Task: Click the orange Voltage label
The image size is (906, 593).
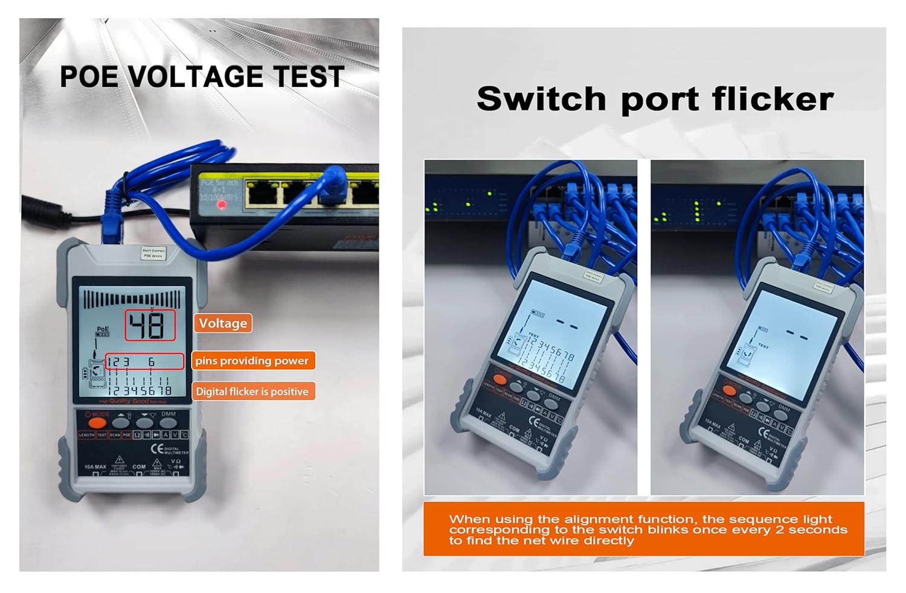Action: tap(223, 323)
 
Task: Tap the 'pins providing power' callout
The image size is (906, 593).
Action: tap(252, 361)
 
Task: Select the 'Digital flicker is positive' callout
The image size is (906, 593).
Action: tap(252, 392)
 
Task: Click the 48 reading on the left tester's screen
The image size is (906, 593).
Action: tap(149, 326)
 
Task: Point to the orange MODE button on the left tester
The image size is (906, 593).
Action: tap(97, 423)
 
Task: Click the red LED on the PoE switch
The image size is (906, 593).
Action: tap(222, 205)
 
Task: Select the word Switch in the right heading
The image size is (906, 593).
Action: tap(541, 99)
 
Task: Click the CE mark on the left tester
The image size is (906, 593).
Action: tap(156, 448)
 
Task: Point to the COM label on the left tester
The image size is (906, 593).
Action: tap(139, 466)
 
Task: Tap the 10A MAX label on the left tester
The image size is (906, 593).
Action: tap(95, 467)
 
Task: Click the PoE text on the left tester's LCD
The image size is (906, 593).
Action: tap(103, 329)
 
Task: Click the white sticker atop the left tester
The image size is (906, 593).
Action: tap(153, 253)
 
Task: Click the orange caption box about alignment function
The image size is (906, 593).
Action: tap(643, 529)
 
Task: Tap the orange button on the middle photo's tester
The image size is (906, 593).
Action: tap(500, 379)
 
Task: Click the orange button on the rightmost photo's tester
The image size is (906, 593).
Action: tap(730, 391)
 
